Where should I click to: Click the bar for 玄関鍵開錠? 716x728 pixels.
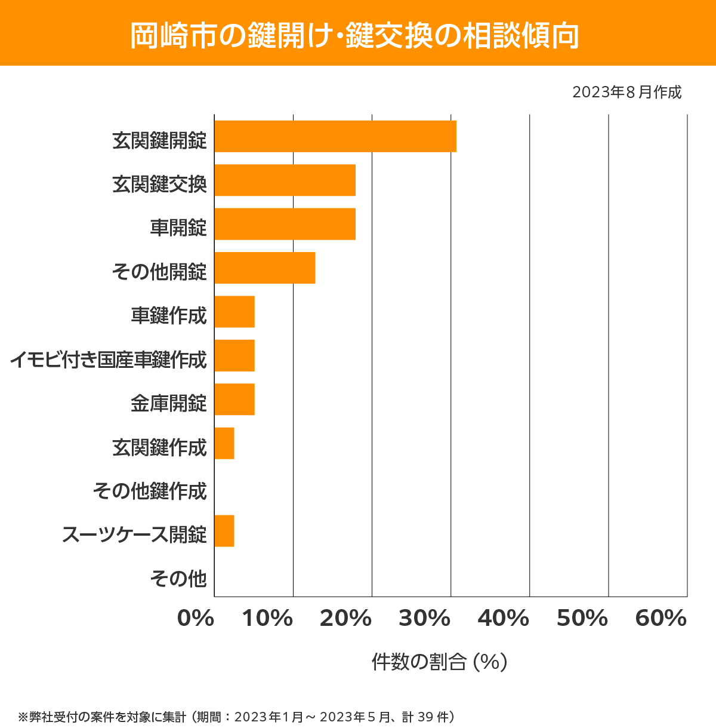pos(335,136)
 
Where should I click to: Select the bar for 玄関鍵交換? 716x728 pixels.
pos(285,180)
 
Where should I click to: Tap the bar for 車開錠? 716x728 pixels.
pos(285,224)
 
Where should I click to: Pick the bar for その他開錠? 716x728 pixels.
pos(264,268)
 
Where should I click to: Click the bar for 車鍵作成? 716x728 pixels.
pos(234,312)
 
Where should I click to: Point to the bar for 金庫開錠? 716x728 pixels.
pos(234,399)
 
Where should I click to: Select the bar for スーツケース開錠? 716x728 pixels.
pos(224,530)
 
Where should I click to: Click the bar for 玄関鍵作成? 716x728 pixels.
pos(224,443)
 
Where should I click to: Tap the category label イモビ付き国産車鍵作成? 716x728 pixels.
pos(108,360)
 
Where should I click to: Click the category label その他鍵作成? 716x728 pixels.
pos(150,491)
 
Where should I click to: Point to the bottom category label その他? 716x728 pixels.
pos(178,578)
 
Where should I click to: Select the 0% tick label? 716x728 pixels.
pos(196,619)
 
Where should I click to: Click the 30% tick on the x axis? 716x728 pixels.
pos(424,619)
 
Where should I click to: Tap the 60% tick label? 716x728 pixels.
pos(661,619)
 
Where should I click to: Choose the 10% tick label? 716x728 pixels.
pos(267,619)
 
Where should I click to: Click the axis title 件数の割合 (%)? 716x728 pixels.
pos(439,662)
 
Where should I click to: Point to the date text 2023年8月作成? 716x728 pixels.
pos(626,93)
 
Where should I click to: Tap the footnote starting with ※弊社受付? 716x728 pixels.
pos(236,716)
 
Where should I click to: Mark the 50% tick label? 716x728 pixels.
pos(582,619)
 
